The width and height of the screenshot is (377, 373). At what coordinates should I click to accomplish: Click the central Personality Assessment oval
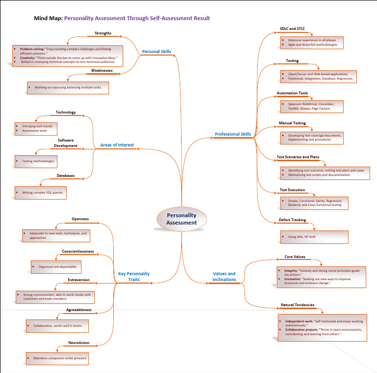point(181,219)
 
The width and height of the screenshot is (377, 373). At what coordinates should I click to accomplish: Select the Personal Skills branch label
point(157,51)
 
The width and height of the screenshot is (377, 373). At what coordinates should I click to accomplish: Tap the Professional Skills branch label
point(233,134)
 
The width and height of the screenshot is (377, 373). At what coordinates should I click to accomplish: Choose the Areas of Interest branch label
point(117,145)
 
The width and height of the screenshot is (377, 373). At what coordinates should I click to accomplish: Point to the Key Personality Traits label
point(134,277)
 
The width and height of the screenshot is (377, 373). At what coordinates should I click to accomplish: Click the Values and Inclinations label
point(224,277)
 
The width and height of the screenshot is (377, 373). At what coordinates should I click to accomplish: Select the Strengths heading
point(103,33)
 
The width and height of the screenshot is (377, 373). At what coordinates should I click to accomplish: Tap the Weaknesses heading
point(102,71)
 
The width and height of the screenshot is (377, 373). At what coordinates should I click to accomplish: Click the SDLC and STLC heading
point(292,29)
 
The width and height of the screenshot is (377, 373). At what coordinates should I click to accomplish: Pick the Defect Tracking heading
point(293,220)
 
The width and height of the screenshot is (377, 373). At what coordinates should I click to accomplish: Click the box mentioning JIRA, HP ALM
point(314,237)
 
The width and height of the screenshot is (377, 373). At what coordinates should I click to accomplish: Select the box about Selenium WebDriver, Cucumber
point(311,106)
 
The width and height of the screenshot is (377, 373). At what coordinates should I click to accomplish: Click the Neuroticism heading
point(79,343)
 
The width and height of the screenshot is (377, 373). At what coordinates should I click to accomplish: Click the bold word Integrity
point(291,271)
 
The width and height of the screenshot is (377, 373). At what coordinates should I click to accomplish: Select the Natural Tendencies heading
point(297,305)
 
